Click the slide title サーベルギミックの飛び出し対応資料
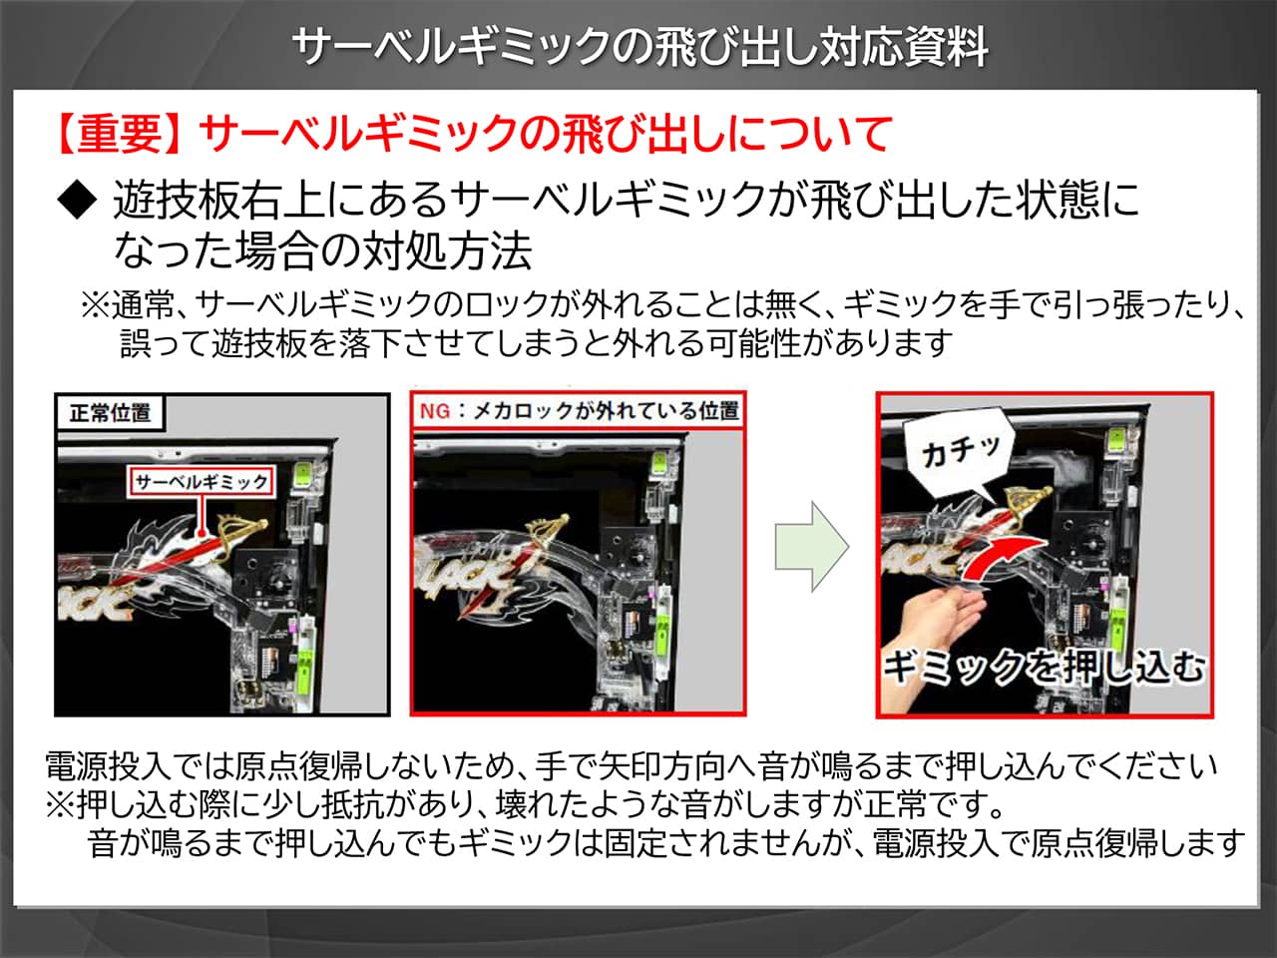tap(639, 48)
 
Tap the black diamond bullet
tap(78, 200)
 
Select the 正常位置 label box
tap(110, 413)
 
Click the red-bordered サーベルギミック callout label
tap(202, 482)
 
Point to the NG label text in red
tap(435, 412)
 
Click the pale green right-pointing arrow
tap(811, 547)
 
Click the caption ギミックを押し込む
tap(1045, 667)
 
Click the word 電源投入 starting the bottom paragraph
tap(108, 766)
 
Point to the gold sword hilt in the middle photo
tap(546, 531)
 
